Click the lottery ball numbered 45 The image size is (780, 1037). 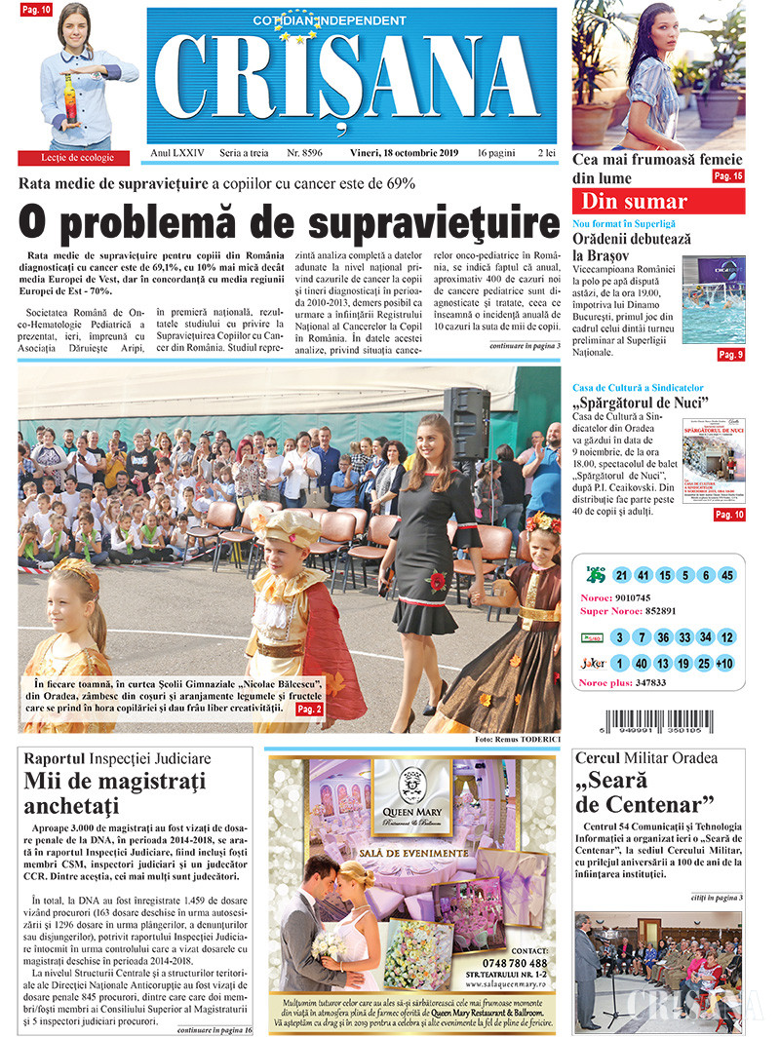726,575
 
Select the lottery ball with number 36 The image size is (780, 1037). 662,637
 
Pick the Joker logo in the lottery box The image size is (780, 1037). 592,664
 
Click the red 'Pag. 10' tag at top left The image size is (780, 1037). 35,10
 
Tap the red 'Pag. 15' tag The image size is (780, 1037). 727,176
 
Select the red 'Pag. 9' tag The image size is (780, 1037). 730,355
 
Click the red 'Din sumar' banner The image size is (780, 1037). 658,202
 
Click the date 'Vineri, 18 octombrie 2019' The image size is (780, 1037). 408,154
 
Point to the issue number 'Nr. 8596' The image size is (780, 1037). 304,154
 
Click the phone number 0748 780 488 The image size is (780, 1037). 515,963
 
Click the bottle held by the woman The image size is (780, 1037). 69,102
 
